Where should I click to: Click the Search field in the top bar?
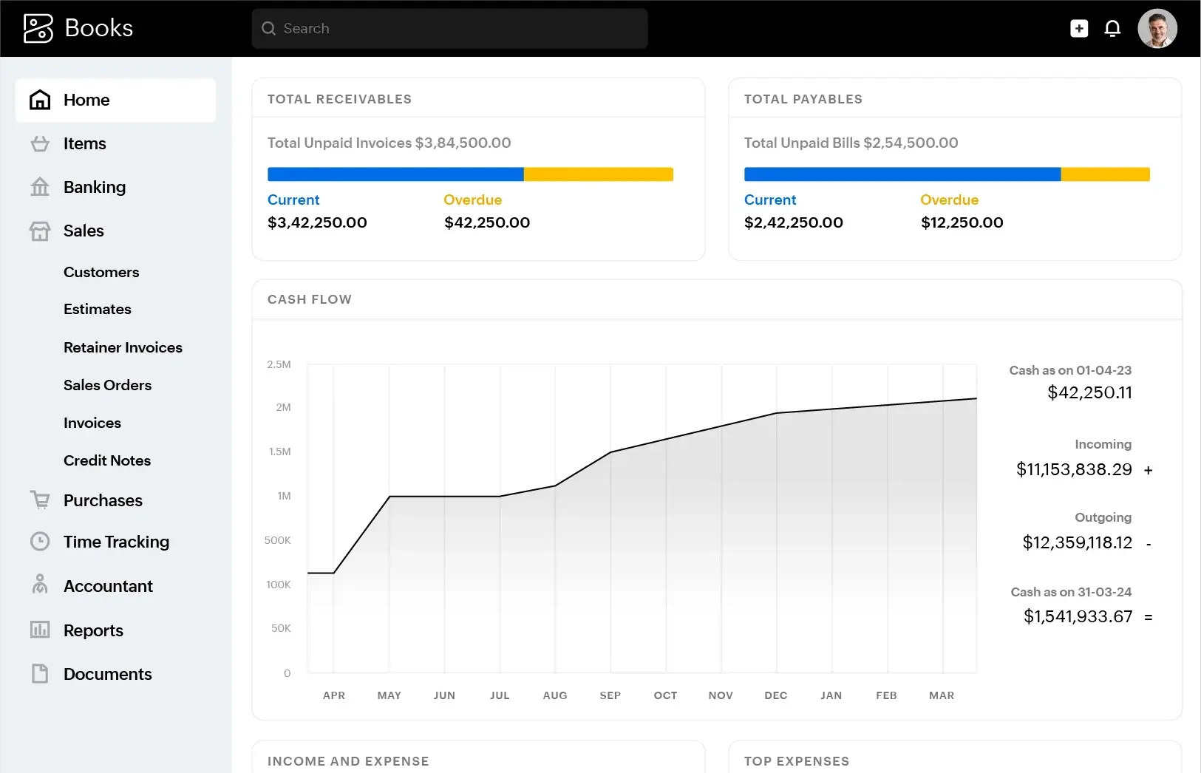click(449, 29)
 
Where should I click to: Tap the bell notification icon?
click(1112, 29)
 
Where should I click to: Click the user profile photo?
click(1157, 29)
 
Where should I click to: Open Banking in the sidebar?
click(94, 187)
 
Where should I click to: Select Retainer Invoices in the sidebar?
click(123, 347)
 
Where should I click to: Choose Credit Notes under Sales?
click(107, 460)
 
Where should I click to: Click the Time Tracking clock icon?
click(40, 542)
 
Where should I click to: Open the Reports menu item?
click(93, 630)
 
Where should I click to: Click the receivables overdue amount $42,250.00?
click(486, 222)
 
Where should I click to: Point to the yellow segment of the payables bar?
click(1105, 174)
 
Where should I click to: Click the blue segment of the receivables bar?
click(395, 174)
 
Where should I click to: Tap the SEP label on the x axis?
click(610, 695)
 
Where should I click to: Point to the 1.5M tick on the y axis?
click(279, 452)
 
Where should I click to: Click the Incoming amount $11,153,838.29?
click(1074, 469)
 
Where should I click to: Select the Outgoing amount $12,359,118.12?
click(1077, 542)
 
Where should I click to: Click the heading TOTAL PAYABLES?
click(803, 99)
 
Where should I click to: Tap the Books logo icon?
click(38, 29)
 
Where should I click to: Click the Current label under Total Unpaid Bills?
click(769, 200)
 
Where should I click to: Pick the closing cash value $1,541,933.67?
click(1078, 616)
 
